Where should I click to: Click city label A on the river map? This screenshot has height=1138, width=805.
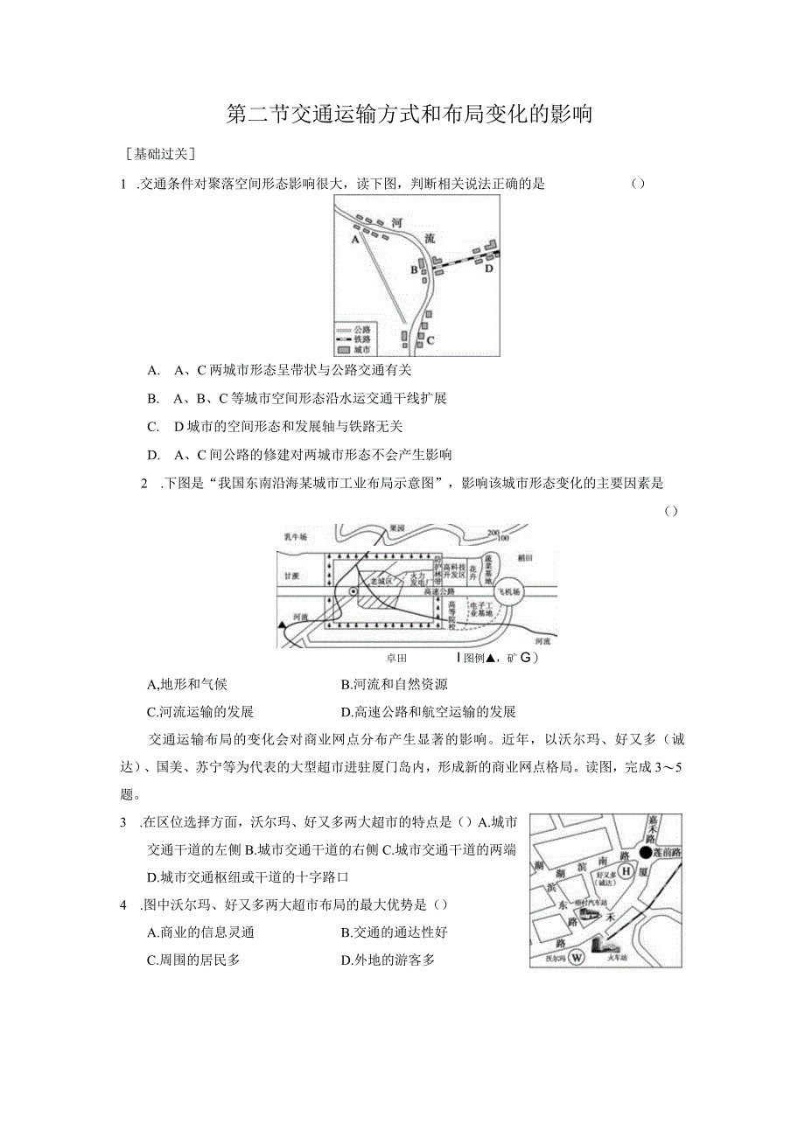point(355,238)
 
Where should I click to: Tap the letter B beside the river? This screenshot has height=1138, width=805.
point(414,269)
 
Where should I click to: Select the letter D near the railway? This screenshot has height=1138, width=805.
point(489,269)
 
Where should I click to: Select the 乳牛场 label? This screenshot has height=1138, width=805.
point(296,537)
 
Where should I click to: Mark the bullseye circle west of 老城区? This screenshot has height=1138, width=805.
point(353,592)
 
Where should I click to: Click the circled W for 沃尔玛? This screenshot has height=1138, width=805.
point(576,957)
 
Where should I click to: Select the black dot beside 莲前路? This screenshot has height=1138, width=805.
point(646,851)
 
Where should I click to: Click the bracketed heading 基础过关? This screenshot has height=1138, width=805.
point(161,153)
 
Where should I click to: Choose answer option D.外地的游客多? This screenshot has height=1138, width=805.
point(388,960)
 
